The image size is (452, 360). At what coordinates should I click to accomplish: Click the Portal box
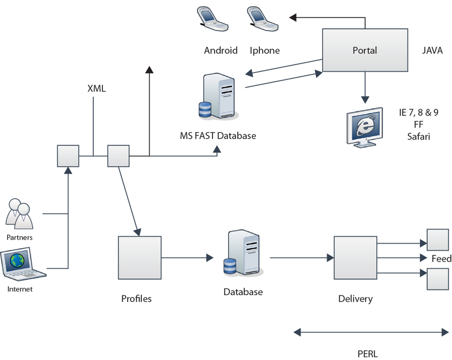pyautogui.click(x=365, y=50)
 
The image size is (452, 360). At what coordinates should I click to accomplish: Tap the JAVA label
pyautogui.click(x=432, y=50)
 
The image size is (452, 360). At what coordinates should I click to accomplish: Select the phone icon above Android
pyautogui.click(x=212, y=19)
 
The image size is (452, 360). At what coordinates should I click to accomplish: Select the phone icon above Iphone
pyautogui.click(x=262, y=19)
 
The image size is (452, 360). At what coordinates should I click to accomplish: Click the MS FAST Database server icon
pyautogui.click(x=219, y=96)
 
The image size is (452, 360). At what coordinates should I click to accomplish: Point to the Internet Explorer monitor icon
pyautogui.click(x=364, y=127)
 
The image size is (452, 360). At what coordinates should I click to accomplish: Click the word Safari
pyautogui.click(x=419, y=136)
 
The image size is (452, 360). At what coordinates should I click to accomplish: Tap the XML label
pyautogui.click(x=97, y=88)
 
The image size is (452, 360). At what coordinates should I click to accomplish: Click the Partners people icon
pyautogui.click(x=19, y=214)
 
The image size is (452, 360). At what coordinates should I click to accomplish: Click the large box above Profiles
pyautogui.click(x=140, y=258)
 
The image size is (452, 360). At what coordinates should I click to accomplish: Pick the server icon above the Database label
pyautogui.click(x=244, y=253)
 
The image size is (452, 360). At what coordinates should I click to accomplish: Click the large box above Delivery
pyautogui.click(x=355, y=258)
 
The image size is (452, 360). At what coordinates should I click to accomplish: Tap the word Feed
pyautogui.click(x=441, y=258)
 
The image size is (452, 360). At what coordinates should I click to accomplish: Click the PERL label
pyautogui.click(x=368, y=354)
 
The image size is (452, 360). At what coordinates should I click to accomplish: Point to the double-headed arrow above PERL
pyautogui.click(x=371, y=332)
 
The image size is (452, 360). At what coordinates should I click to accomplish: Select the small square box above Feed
pyautogui.click(x=438, y=240)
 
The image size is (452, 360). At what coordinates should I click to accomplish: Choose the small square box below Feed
pyautogui.click(x=438, y=279)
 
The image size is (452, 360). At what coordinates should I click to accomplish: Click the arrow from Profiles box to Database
pyautogui.click(x=188, y=258)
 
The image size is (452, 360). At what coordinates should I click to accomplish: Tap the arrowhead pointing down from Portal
pyautogui.click(x=365, y=99)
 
